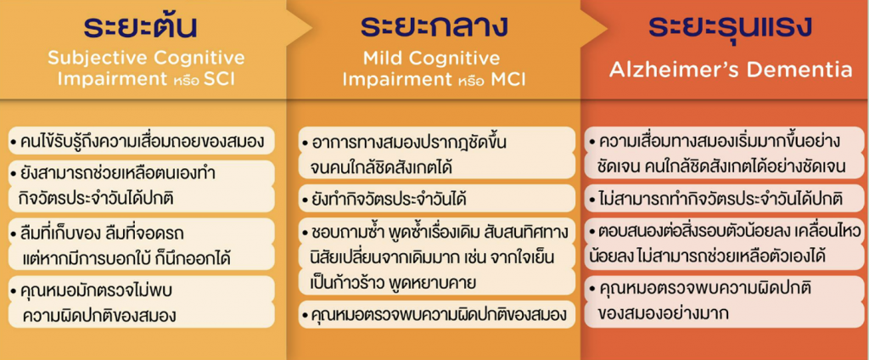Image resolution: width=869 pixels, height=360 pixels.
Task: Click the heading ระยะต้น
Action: pyautogui.click(x=140, y=27)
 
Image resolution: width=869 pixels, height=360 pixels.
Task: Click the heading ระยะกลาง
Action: pyautogui.click(x=434, y=27)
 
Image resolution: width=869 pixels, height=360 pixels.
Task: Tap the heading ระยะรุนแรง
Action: pyautogui.click(x=731, y=27)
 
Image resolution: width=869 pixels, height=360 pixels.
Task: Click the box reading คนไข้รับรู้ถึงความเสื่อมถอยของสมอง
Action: pyautogui.click(x=142, y=142)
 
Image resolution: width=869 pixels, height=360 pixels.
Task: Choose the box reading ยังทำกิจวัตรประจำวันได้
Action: pyautogui.click(x=437, y=198)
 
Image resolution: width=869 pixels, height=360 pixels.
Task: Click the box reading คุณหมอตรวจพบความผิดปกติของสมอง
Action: pyautogui.click(x=437, y=315)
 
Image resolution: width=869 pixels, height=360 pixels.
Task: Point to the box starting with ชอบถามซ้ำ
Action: pyautogui.click(x=437, y=256)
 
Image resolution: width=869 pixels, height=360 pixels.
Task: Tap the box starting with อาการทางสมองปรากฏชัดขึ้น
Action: pyautogui.click(x=437, y=153)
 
